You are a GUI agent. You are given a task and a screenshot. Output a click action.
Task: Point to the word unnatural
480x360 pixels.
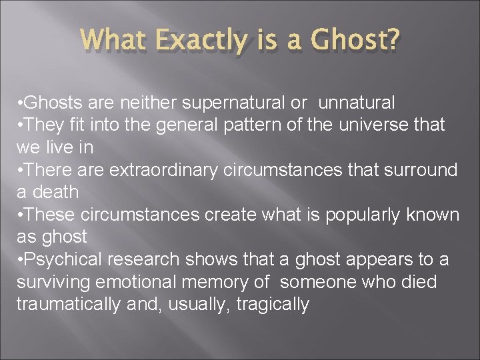pos(357,103)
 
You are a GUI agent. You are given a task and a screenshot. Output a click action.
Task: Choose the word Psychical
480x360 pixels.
pos(55,259)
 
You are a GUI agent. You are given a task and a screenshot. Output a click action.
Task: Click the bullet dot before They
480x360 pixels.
pos(20,125)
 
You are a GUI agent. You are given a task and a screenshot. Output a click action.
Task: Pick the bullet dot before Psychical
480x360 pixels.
pos(20,259)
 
